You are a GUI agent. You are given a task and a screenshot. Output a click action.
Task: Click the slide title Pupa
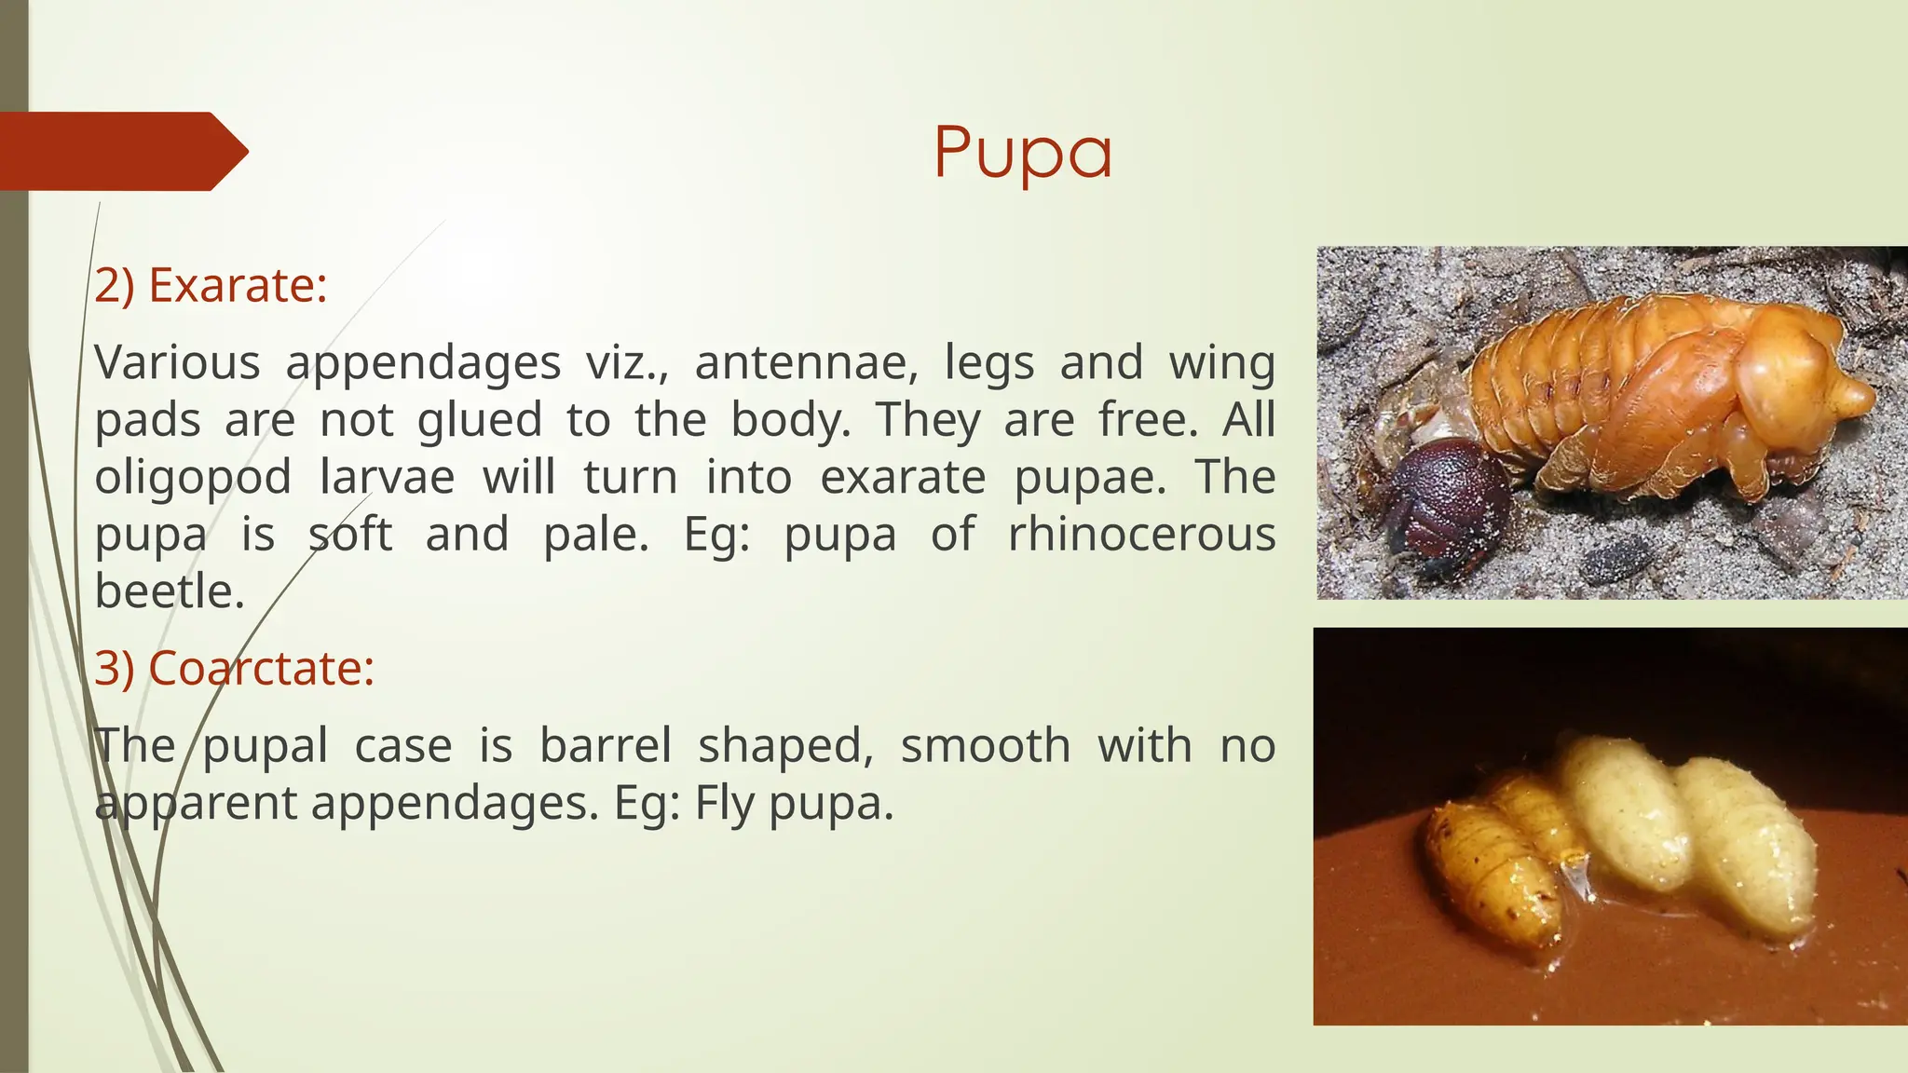tap(1023, 152)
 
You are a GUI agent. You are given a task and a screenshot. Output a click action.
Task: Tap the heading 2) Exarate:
tap(211, 285)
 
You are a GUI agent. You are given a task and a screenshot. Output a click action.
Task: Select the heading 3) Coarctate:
tap(234, 668)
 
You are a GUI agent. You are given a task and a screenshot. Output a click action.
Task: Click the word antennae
tap(806, 362)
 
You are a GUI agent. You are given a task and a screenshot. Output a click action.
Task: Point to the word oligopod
tap(193, 479)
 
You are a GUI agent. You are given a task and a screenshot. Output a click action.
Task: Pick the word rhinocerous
tap(1141, 536)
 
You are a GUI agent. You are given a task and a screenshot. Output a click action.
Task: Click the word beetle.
tap(170, 592)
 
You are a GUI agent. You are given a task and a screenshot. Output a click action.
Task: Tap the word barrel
tap(606, 746)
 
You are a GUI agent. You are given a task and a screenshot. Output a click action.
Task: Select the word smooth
tap(985, 746)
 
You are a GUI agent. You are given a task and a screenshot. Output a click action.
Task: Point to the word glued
tap(479, 420)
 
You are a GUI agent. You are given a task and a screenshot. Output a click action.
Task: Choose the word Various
tap(177, 362)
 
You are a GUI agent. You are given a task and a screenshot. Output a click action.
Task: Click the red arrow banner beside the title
tap(121, 151)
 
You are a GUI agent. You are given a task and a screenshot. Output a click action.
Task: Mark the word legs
tap(988, 362)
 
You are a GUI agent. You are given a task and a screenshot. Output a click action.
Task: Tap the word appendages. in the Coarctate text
tap(455, 804)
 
